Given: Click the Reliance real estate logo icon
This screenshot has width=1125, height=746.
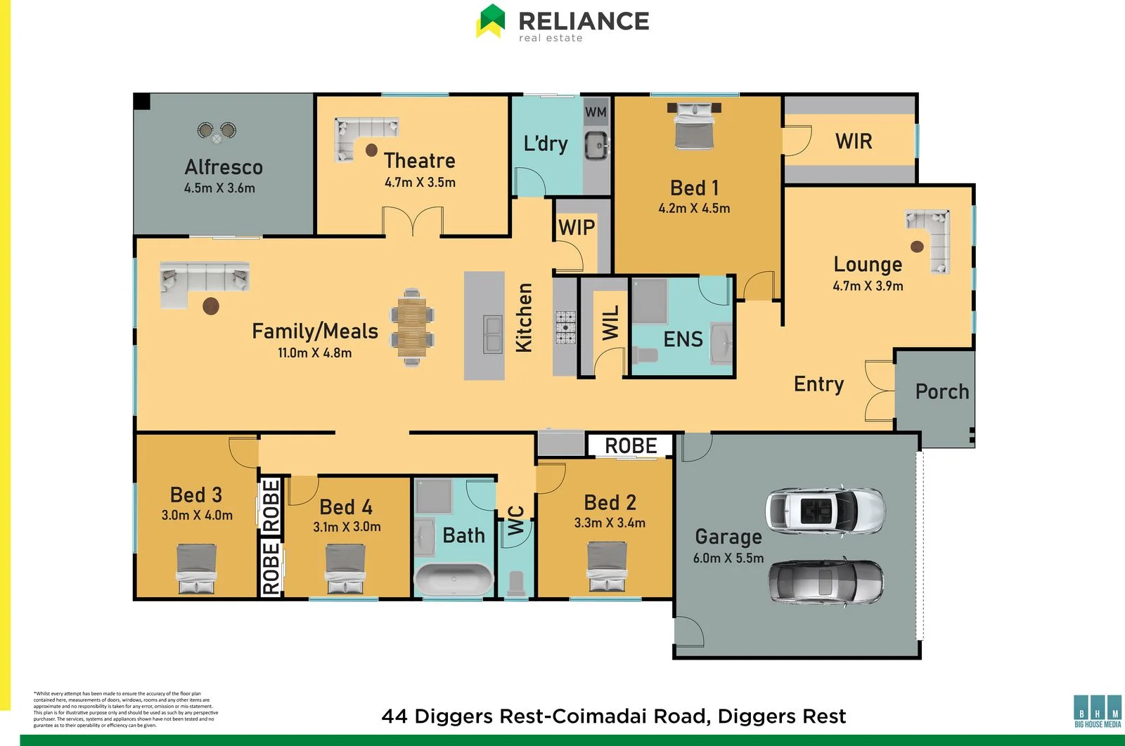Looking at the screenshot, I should (491, 20).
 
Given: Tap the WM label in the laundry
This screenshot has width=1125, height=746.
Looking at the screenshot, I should (596, 112).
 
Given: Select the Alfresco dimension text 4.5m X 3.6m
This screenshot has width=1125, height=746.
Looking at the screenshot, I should (219, 188).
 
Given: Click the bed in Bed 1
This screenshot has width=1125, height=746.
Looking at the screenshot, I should (694, 125).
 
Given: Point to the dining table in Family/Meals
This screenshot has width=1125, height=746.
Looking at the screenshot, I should (412, 327).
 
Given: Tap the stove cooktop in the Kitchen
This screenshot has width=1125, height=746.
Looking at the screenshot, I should (566, 327).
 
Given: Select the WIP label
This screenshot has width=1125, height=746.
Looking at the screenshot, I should (577, 228).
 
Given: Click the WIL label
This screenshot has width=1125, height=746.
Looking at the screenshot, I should (611, 322).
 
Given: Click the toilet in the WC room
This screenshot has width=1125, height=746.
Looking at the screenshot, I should (516, 583).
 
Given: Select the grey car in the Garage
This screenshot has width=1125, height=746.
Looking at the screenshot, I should (825, 581).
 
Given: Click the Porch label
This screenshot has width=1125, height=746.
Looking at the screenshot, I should (941, 391).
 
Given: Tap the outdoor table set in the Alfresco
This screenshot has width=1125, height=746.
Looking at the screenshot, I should (217, 132).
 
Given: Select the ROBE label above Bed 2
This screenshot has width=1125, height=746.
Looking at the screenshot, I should (631, 446).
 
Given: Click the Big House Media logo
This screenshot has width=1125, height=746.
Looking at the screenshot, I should (1098, 711).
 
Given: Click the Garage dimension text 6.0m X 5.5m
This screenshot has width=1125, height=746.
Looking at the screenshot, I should (728, 558).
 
